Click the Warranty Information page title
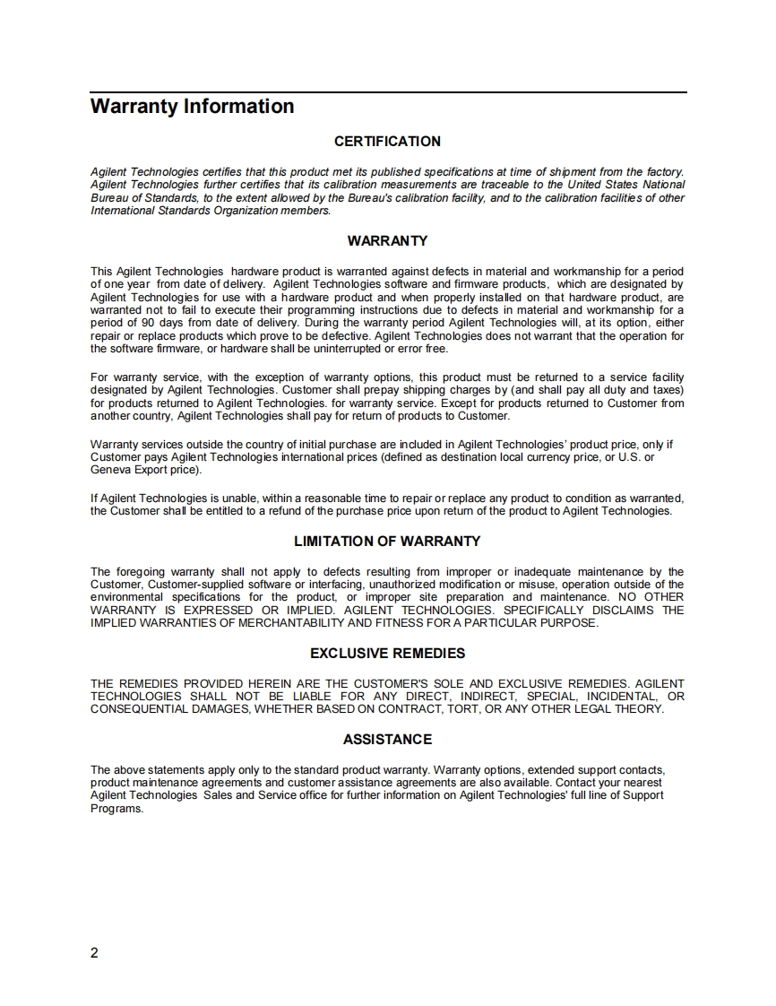(192, 107)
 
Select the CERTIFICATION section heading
(387, 142)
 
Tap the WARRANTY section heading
(387, 241)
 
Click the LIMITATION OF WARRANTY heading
(387, 542)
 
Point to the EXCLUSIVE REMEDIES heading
(387, 654)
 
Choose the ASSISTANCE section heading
(387, 740)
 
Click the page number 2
(95, 952)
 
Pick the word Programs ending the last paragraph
(116, 808)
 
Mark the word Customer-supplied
(198, 585)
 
